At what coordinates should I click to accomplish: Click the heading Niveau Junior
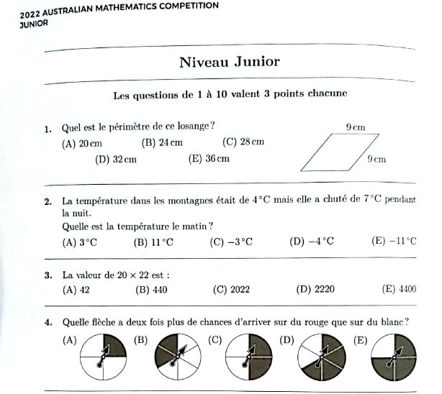229,62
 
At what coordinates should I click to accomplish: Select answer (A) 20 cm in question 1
82,143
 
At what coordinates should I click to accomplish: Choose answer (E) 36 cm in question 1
209,158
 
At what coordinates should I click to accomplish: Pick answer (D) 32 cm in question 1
116,159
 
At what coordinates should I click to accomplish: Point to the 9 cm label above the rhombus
355,127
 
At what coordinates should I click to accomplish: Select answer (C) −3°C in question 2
231,242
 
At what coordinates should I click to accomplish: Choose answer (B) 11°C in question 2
153,242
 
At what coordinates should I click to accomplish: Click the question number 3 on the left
48,275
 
